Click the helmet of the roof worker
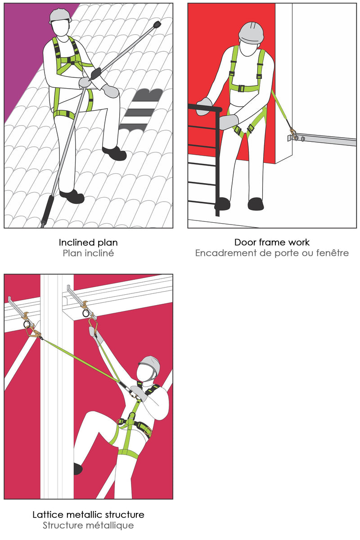click(60, 16)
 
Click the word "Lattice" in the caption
click(48, 514)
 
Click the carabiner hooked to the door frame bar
click(293, 134)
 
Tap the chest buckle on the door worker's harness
click(241, 88)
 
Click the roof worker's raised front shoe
click(114, 153)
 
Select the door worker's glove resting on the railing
click(204, 106)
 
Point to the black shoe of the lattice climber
click(78, 468)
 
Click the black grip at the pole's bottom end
click(47, 210)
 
